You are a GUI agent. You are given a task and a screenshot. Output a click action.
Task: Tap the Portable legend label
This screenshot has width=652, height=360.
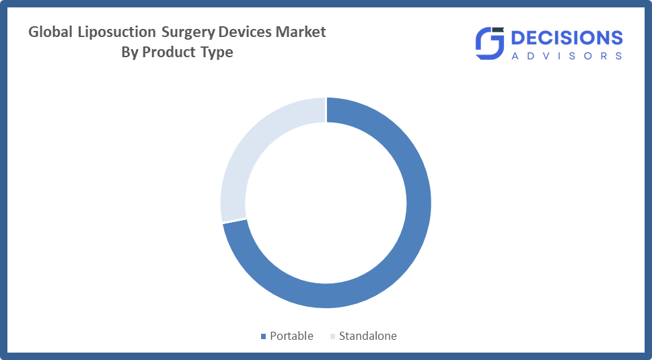pos(291,336)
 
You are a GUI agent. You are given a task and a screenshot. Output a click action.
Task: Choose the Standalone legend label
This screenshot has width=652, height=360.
pos(367,336)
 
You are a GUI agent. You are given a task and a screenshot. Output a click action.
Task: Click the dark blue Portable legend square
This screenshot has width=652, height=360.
pos(263,336)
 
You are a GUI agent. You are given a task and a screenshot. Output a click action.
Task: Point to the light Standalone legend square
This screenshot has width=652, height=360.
pos(332,336)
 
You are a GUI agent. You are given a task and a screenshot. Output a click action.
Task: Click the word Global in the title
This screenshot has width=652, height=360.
pos(50,32)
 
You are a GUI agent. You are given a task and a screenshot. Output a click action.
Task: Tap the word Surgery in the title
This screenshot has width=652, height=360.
pos(188,32)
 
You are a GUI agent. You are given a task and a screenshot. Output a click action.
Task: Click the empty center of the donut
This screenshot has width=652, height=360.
pos(326,203)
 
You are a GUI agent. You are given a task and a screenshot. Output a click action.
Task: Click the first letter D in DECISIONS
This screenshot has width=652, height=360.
pos(519,38)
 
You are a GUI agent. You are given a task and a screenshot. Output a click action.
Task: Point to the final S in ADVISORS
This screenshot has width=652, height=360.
pos(619,56)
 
